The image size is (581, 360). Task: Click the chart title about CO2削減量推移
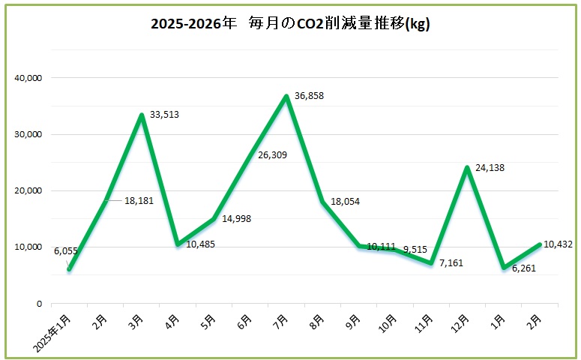pyautogui.click(x=289, y=24)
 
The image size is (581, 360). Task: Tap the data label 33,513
pyautogui.click(x=164, y=115)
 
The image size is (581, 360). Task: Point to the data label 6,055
pyautogui.click(x=66, y=251)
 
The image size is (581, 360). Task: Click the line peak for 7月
pyautogui.click(x=286, y=96)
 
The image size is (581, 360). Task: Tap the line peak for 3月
pyautogui.click(x=141, y=115)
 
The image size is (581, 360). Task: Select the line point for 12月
pyautogui.click(x=468, y=167)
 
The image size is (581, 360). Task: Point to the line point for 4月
pyautogui.click(x=178, y=244)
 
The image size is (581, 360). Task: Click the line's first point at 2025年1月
pyautogui.click(x=68, y=269)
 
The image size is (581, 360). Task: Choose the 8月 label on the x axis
pyautogui.click(x=316, y=321)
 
